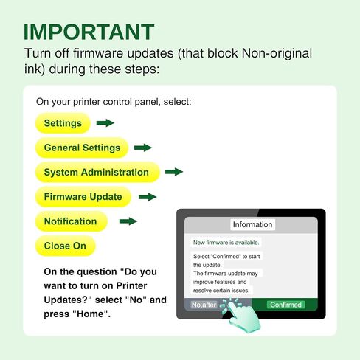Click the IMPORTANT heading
click(89, 32)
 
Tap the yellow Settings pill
click(63, 123)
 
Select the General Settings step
click(82, 148)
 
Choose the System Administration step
click(97, 172)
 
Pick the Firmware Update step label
click(83, 197)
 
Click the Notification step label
click(72, 221)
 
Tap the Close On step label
click(66, 246)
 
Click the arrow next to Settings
click(105, 122)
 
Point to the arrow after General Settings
click(143, 148)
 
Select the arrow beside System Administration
click(174, 172)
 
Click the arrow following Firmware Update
click(148, 197)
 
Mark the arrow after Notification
click(128, 221)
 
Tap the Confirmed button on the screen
click(285, 305)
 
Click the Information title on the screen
click(252, 224)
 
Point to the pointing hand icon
click(241, 315)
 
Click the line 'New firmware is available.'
click(226, 243)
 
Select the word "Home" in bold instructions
click(91, 314)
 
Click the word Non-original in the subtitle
click(277, 53)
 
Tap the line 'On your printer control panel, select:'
click(114, 102)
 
